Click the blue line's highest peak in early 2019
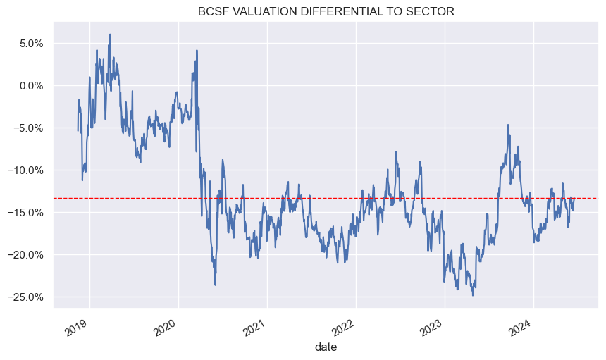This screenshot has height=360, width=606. [110, 35]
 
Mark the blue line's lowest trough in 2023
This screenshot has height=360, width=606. [473, 294]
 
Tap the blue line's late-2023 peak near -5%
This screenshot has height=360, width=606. [507, 125]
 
